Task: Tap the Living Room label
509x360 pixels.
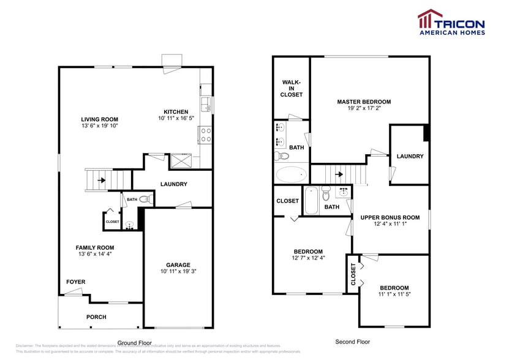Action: pos(100,119)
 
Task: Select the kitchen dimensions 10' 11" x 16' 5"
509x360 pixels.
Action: pos(176,118)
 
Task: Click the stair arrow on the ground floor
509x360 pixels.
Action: pos(101,181)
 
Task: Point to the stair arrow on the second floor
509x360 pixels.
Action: pos(338,174)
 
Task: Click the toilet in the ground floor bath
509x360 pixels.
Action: pos(145,199)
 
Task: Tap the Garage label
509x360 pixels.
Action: pos(178,265)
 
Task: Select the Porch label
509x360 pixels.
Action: pos(96,317)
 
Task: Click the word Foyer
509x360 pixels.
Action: pos(76,282)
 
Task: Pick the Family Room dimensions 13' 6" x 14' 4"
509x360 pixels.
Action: pos(95,253)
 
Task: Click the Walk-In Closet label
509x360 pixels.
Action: pos(292,88)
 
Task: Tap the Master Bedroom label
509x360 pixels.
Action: pos(364,102)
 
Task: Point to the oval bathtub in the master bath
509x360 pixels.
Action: pos(290,174)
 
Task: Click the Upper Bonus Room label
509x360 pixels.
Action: pos(390,217)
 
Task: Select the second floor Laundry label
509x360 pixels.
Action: pos(410,156)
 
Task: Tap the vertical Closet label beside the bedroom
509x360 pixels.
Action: pos(353,274)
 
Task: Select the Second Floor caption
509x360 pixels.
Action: pos(352,342)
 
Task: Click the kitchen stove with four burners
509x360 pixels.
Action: pos(205,135)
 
